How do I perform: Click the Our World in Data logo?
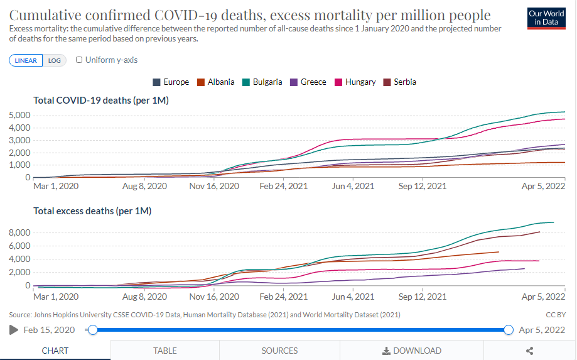pos(546,18)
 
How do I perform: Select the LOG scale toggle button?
pos(55,60)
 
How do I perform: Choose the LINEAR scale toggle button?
pos(26,60)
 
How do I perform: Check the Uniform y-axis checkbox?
pos(79,60)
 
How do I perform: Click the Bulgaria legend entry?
pos(262,82)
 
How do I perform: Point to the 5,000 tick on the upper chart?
pos(20,115)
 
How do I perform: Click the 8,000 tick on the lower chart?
pos(20,232)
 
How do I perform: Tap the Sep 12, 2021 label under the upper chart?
pos(423,187)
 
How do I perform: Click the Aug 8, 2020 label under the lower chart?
pos(145,297)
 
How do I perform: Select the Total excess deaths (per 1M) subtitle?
pos(92,211)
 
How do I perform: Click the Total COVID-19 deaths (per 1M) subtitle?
pos(101,101)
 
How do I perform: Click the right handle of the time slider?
pos(509,330)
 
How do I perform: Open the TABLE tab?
pos(165,351)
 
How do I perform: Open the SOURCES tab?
pos(279,351)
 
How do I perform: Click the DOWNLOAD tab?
pos(412,351)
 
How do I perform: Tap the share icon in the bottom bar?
pos(529,351)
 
